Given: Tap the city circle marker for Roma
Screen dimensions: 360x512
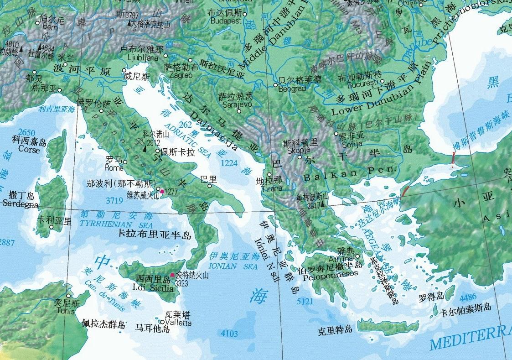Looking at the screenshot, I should [125, 162].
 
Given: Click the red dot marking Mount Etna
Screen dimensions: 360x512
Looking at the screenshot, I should [172, 275].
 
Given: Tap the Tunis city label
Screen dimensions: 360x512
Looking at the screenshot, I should [66, 311].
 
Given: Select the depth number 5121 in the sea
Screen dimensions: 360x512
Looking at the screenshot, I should [305, 302].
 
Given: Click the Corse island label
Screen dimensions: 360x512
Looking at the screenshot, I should [29, 149].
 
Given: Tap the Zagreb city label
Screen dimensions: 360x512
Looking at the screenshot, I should [181, 74].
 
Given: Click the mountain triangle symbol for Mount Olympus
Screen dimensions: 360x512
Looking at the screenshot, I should [322, 204].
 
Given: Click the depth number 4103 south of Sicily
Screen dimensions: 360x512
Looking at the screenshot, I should [229, 334].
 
